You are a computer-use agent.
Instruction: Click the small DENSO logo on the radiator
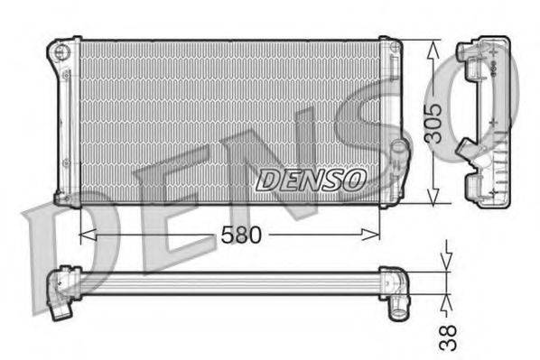coord(311,180)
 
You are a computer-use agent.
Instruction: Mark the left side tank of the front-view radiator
coord(68,122)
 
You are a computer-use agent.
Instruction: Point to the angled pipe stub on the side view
coord(469,146)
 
